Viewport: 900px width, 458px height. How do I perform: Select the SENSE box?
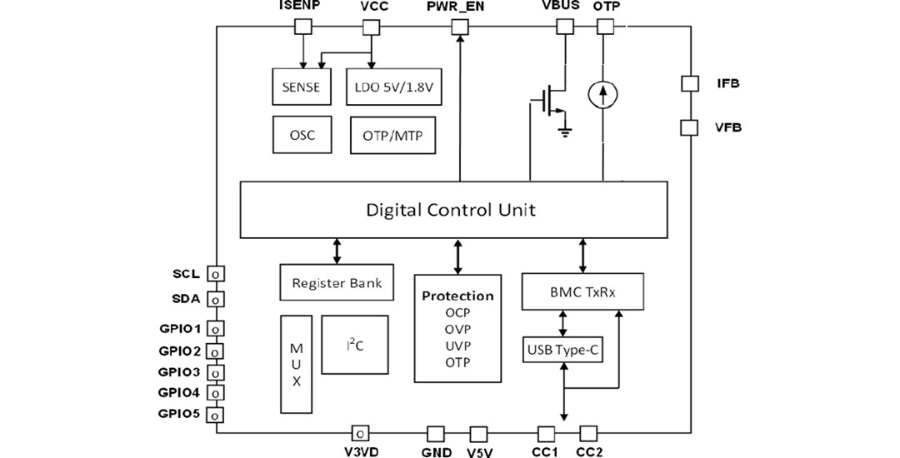[301, 87]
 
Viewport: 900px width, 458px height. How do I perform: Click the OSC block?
[301, 135]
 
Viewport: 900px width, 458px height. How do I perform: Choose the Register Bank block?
[337, 283]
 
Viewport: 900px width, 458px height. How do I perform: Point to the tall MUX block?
[296, 364]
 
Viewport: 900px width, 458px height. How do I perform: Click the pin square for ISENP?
[303, 27]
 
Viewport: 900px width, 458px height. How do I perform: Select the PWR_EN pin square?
[459, 27]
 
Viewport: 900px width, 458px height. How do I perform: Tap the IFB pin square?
[689, 83]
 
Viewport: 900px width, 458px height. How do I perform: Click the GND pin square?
[435, 434]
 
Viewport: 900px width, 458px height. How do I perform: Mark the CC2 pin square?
[587, 433]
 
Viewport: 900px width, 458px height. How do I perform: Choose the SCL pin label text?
[187, 274]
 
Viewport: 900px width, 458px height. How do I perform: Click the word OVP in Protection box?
[457, 330]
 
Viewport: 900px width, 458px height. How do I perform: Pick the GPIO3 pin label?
[179, 371]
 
